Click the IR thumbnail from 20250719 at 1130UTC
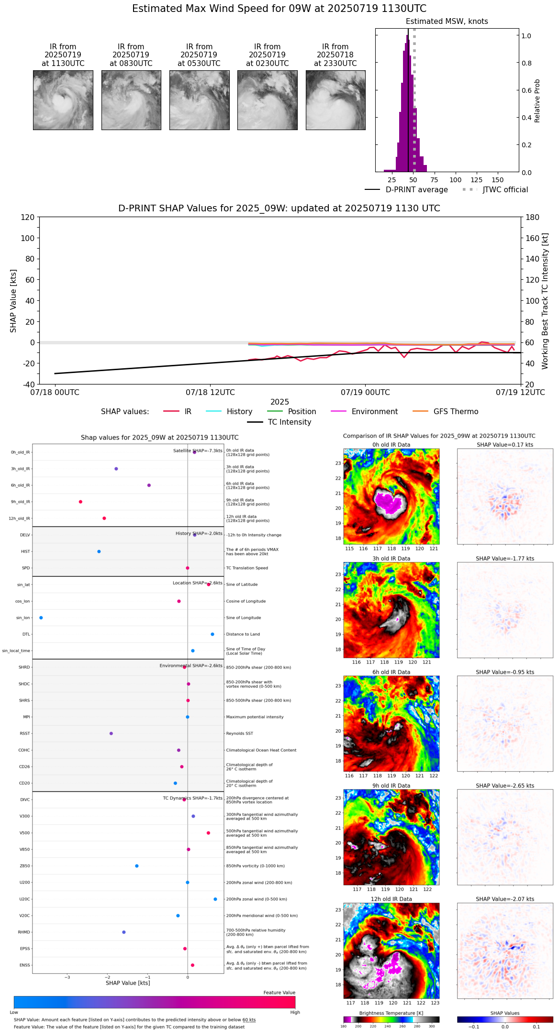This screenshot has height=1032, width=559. [63, 100]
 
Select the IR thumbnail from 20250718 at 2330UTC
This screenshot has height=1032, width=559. [335, 100]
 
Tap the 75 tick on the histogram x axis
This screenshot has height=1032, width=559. [434, 180]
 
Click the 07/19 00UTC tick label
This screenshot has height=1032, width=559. [365, 393]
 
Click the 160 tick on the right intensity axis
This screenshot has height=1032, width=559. [533, 238]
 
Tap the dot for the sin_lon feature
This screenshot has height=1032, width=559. [41, 618]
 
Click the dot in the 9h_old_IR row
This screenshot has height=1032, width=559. [80, 502]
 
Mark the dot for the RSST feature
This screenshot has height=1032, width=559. [111, 734]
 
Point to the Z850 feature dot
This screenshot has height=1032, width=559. [137, 866]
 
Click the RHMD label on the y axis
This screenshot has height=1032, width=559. [24, 932]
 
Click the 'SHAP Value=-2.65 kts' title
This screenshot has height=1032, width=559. [504, 786]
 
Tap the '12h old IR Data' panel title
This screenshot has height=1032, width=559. [391, 899]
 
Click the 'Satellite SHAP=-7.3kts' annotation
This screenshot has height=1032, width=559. [198, 451]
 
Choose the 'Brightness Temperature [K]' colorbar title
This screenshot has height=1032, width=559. [391, 1013]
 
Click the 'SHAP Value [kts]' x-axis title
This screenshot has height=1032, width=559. [128, 983]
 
